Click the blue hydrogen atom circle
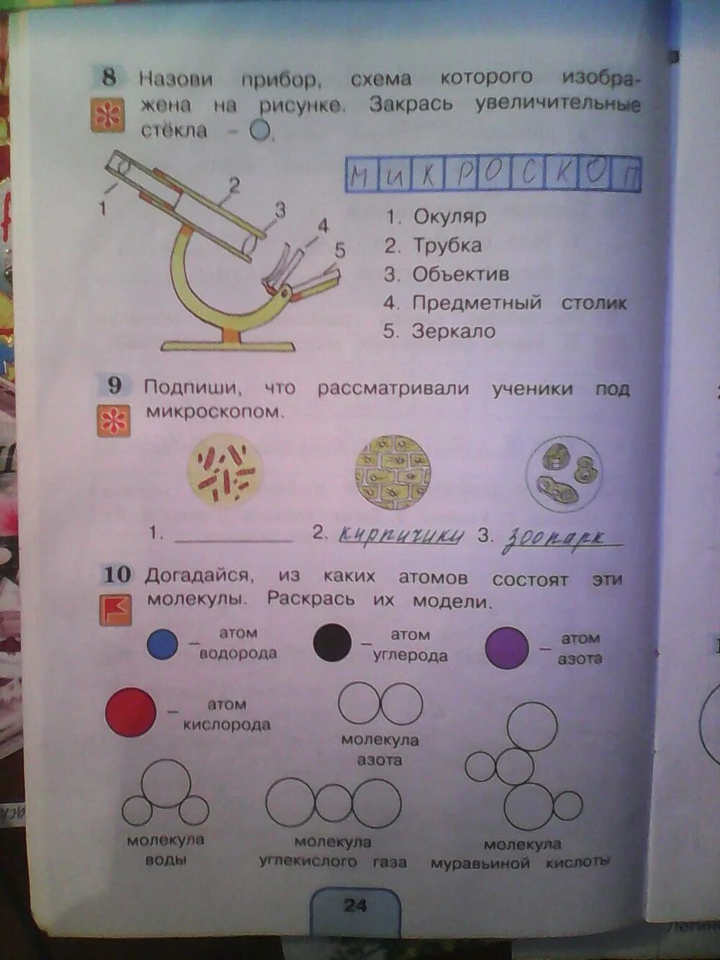162,644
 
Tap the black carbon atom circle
333,642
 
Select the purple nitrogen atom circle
507,647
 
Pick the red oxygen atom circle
130,712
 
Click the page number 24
355,905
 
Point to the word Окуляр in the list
449,216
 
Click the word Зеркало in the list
453,331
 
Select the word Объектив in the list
460,274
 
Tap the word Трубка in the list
446,245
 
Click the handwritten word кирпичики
400,535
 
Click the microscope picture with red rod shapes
225,472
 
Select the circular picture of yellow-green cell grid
392,472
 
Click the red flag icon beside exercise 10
115,609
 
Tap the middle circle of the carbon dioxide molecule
333,803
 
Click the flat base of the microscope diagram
228,346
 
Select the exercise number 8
109,76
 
